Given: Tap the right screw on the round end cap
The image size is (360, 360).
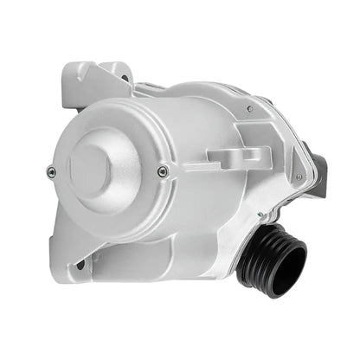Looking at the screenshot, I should tap(163, 172).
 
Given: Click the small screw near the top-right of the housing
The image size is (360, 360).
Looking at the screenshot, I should tap(249, 109).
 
